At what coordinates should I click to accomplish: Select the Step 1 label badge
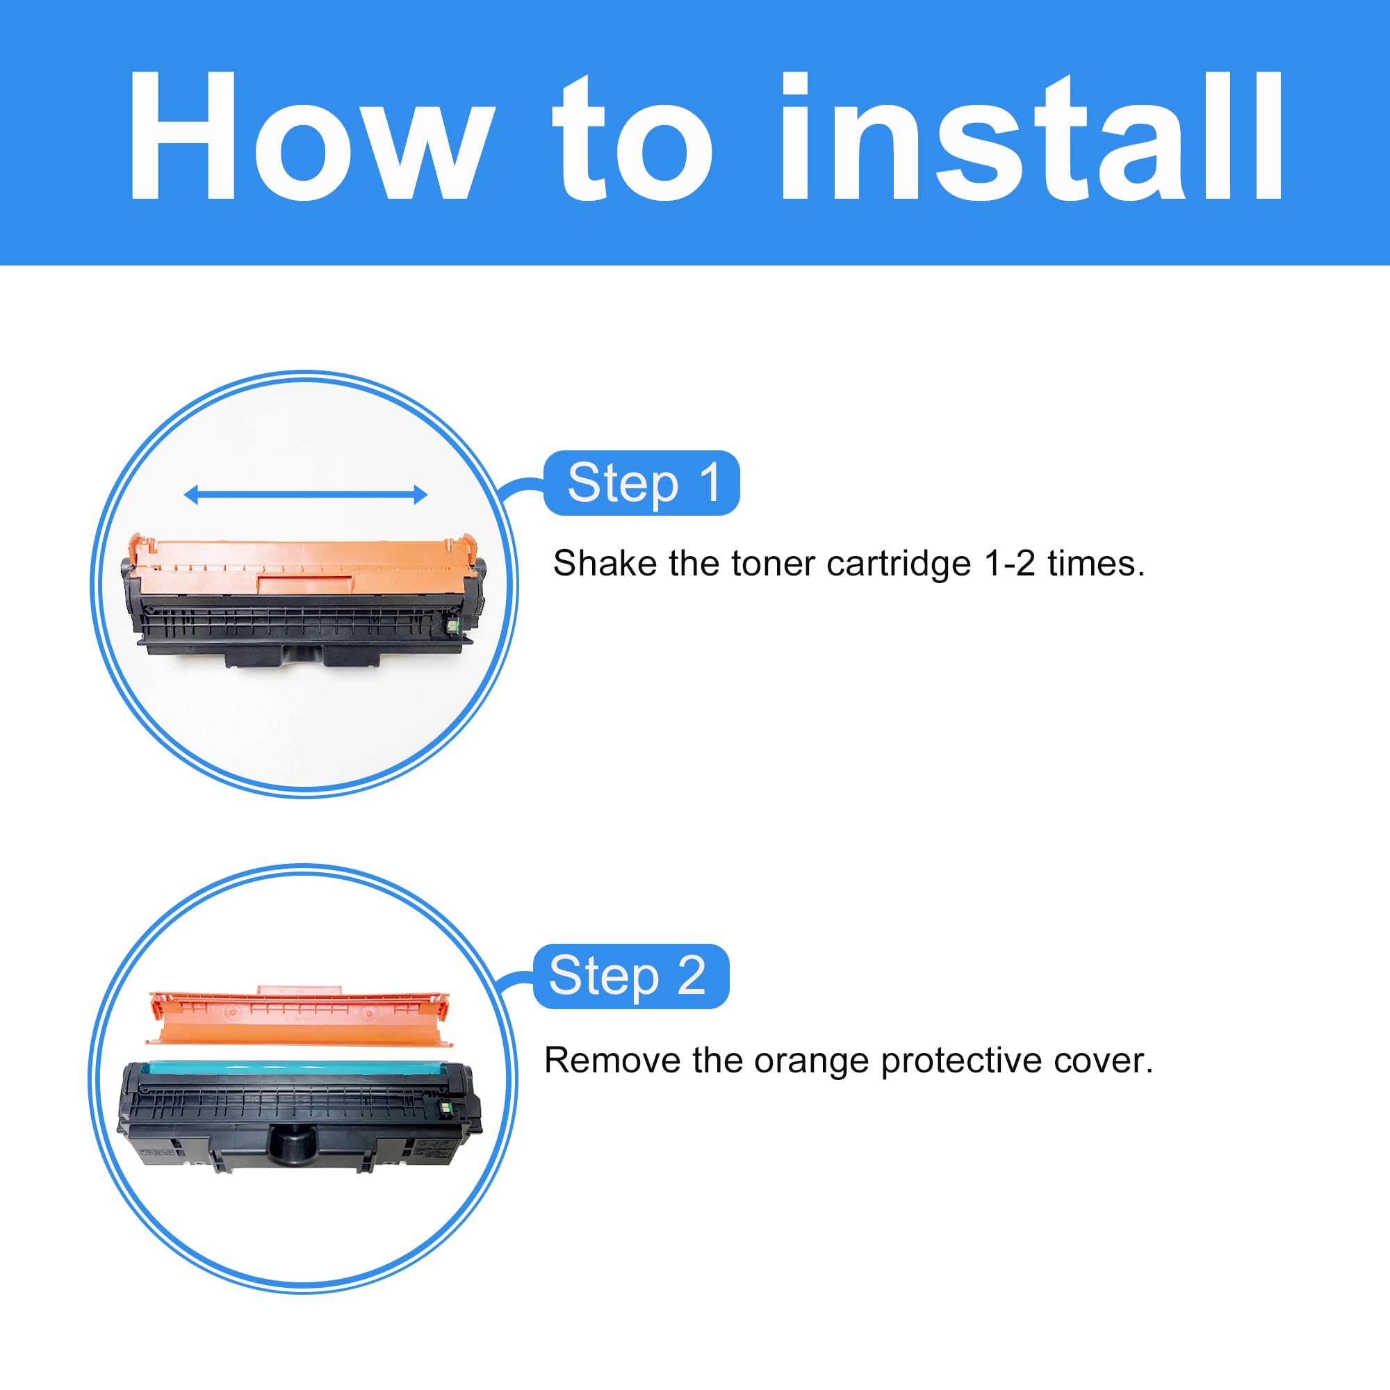point(641,483)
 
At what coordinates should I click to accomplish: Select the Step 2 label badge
point(630,976)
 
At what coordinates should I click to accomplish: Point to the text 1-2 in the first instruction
point(1009,563)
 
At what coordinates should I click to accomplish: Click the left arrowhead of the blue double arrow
point(191,494)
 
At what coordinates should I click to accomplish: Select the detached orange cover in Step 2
point(299,1018)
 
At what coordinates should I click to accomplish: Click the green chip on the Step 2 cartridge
point(444,1109)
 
